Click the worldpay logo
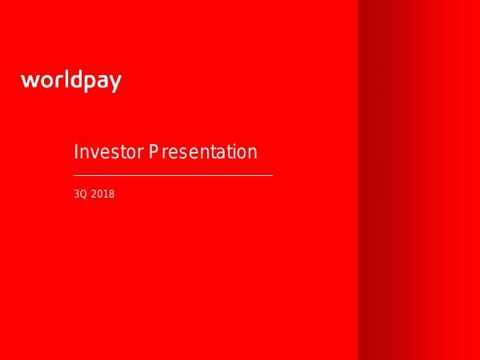[x=71, y=81]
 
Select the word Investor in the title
[x=107, y=152]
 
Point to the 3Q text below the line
[x=79, y=193]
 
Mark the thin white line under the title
[x=173, y=174]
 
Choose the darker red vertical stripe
[x=376, y=180]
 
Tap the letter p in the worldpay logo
[x=90, y=83]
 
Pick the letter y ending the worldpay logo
[x=115, y=84]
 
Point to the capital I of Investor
[x=75, y=152]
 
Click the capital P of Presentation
[x=152, y=152]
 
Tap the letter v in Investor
[x=93, y=153]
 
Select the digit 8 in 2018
[x=112, y=193]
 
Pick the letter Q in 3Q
[x=82, y=193]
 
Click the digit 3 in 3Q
[x=76, y=193]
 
